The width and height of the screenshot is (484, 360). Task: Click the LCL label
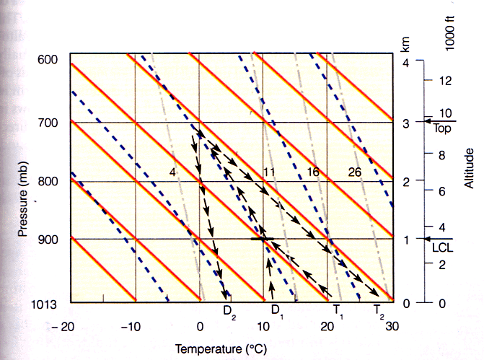tap(440, 250)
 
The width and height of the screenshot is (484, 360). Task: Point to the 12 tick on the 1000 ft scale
tap(445, 80)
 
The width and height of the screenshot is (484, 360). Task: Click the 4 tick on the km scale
tap(405, 62)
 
